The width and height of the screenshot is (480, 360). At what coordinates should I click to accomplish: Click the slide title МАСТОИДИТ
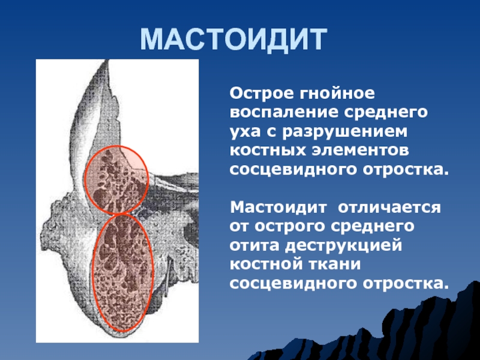[x=233, y=40]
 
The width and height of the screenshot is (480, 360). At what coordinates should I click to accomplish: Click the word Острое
[x=262, y=94]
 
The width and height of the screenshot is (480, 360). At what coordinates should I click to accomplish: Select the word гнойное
[x=337, y=94]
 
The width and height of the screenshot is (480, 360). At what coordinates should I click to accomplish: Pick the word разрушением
[x=346, y=132]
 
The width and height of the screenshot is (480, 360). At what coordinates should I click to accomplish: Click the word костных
[x=268, y=151]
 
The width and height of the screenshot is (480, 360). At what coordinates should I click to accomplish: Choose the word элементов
[x=361, y=151]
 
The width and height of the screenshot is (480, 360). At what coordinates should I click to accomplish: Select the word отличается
[x=389, y=208]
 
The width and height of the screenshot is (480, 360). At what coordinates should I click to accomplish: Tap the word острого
[x=290, y=227]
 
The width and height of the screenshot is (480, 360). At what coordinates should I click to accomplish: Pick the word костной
[x=265, y=265]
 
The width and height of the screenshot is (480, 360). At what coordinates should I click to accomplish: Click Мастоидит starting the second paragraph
[x=278, y=207]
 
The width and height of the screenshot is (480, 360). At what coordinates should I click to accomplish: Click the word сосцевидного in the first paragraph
[x=293, y=170]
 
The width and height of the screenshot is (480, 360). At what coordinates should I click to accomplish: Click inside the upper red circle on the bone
[x=116, y=179]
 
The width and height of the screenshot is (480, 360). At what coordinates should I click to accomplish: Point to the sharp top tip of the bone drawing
[x=107, y=61]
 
